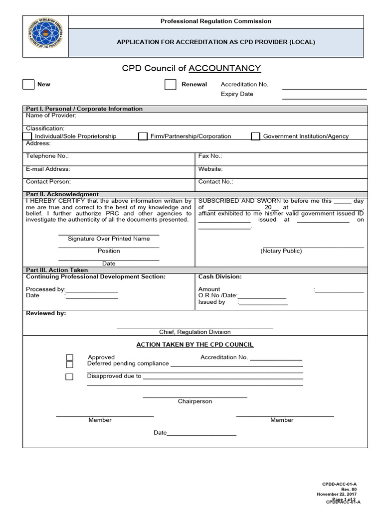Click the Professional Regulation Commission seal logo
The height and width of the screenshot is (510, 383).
46,36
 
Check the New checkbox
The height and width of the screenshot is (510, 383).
28,85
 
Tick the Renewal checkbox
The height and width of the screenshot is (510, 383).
171,85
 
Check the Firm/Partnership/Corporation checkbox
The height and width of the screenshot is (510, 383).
143,136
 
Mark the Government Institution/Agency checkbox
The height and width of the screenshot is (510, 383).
255,136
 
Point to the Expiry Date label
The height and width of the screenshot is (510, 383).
237,94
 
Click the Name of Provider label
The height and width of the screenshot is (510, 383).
51,116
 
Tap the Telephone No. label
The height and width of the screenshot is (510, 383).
47,156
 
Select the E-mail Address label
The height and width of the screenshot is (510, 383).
48,169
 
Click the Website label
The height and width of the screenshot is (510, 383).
210,169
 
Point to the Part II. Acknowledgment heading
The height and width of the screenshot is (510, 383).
62,194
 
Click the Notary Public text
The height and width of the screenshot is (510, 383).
281,251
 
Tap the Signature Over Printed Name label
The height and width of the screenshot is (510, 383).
109,239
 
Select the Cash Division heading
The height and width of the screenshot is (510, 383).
220,276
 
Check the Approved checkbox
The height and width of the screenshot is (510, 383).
70,358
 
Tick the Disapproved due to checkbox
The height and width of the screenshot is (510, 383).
69,377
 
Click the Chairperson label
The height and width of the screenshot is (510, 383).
195,401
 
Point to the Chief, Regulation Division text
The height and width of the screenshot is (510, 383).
195,332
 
